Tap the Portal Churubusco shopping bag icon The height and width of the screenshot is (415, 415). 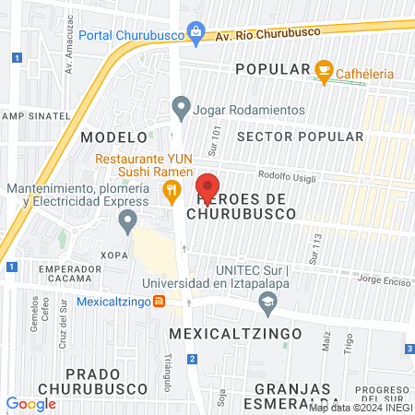point(196,33)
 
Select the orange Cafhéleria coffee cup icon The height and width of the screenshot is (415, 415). point(323,69)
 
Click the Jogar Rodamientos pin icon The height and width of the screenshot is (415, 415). point(181,108)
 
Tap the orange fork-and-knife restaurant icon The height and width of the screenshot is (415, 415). point(171,193)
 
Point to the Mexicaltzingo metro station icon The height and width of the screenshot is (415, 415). point(159,301)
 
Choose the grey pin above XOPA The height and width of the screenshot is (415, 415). point(127,220)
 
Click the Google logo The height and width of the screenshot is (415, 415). point(30,403)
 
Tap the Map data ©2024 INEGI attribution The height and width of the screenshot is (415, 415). point(359,408)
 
